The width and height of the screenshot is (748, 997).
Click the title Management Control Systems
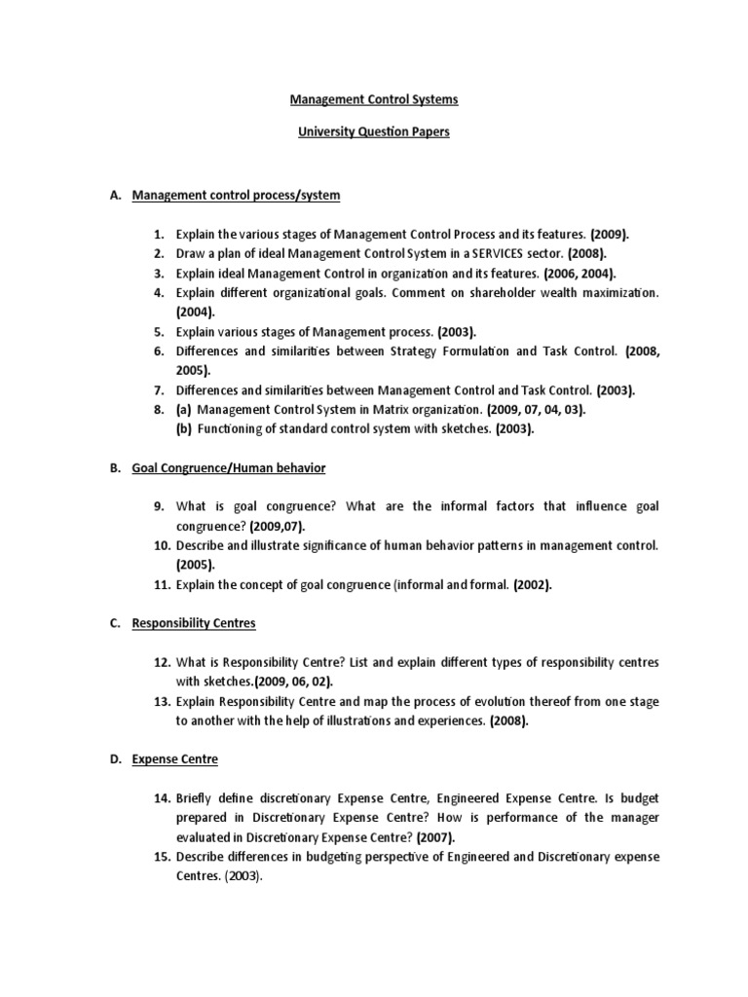[374, 99]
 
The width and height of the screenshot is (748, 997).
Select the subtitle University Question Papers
[374, 132]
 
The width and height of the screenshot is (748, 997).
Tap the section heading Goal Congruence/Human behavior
[229, 468]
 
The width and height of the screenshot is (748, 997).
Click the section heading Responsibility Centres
[194, 622]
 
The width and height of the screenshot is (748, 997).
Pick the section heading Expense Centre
[175, 758]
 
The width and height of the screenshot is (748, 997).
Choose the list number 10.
[162, 546]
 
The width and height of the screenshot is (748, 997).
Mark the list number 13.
[162, 701]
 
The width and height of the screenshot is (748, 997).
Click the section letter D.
[116, 758]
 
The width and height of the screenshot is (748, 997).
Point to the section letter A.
[115, 196]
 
